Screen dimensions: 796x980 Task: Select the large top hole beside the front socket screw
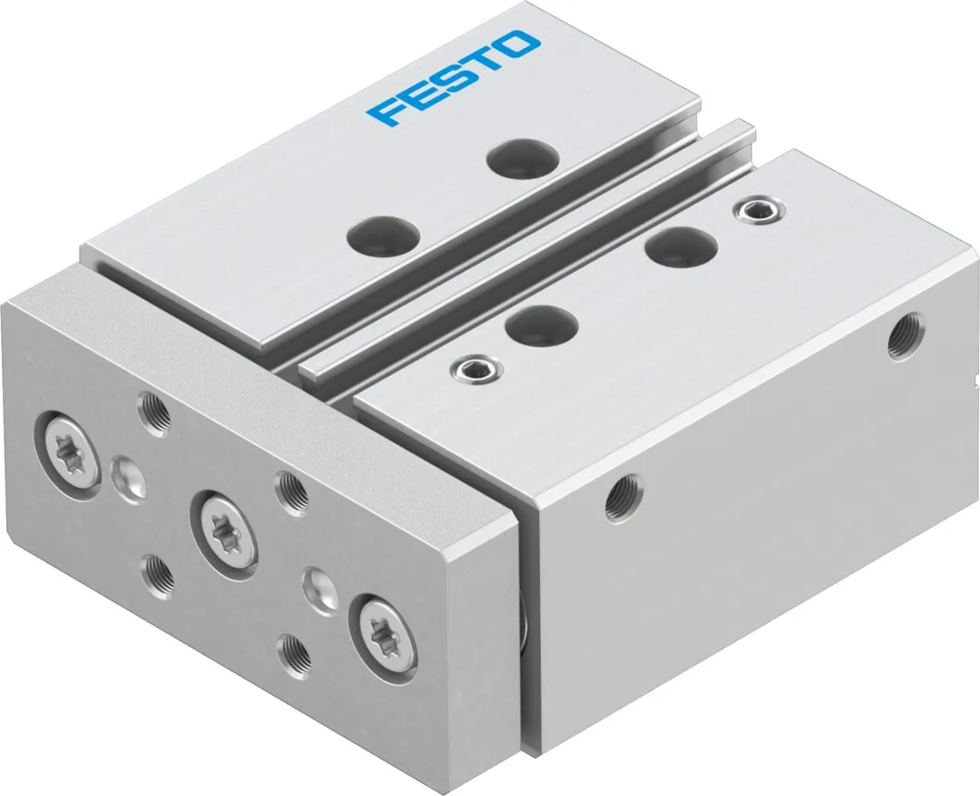point(544,325)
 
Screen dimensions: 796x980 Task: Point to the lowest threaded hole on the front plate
point(294,653)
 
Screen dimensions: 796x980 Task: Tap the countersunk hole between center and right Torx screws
point(320,588)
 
